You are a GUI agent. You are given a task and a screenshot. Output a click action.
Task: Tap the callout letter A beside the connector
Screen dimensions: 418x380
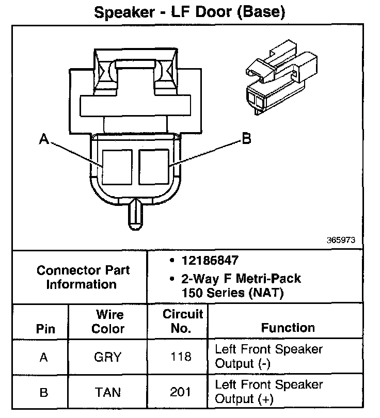(x=44, y=139)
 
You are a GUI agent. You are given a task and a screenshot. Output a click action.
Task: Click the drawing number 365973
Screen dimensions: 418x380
(x=340, y=240)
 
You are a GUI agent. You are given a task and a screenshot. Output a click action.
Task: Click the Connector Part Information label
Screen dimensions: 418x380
(x=83, y=277)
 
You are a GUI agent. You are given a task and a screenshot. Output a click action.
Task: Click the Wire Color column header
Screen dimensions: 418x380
(x=108, y=321)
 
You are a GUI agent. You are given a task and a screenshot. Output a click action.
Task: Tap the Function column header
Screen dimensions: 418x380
(x=288, y=328)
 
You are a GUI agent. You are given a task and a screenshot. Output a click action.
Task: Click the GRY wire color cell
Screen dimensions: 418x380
(x=108, y=357)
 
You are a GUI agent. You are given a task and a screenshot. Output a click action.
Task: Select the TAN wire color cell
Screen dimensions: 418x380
(x=108, y=392)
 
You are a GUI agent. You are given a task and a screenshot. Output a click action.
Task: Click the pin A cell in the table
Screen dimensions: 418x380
(x=44, y=357)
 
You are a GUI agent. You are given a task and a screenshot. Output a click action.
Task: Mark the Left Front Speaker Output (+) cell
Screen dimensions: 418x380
(x=268, y=392)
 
